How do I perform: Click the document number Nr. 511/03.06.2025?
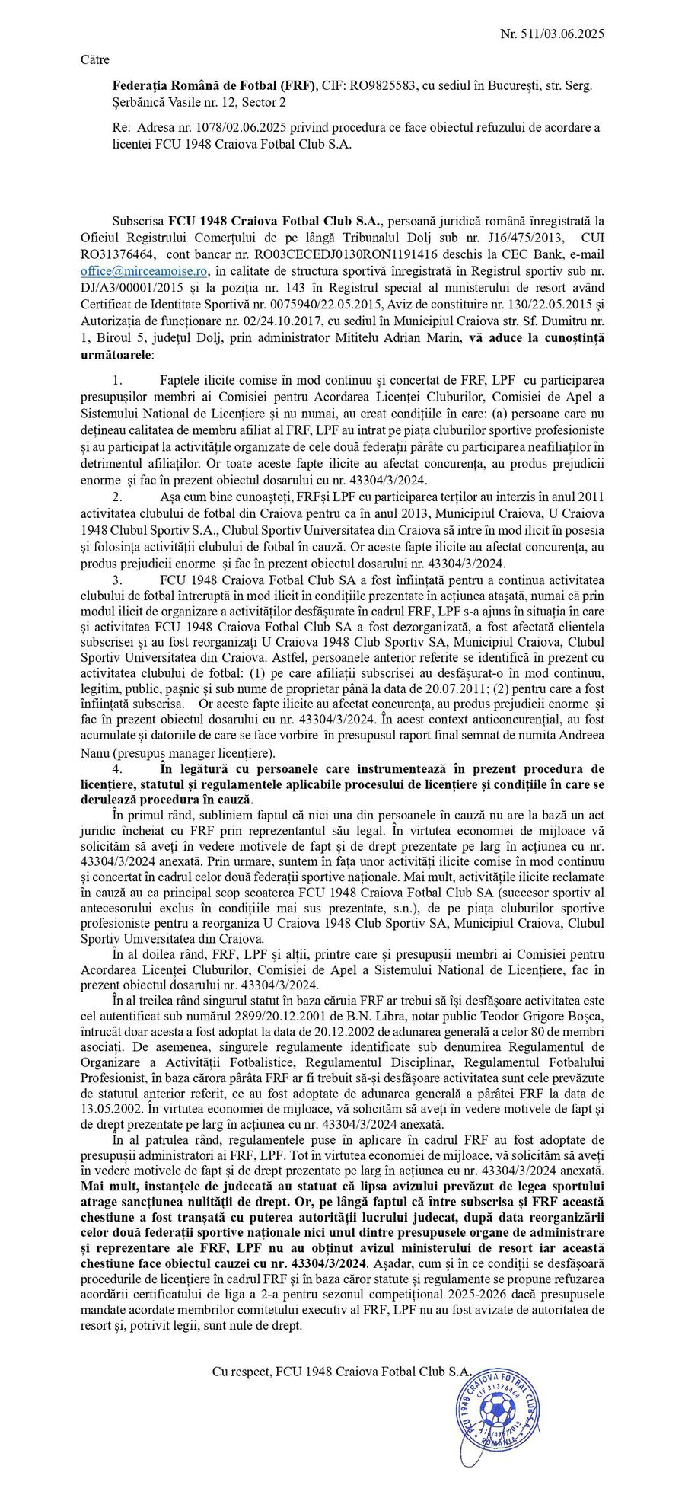[x=552, y=34]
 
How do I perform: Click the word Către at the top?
[x=95, y=60]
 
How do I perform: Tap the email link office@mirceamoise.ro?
[x=144, y=271]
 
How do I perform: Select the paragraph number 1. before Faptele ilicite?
[x=117, y=379]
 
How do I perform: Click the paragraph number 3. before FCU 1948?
[x=117, y=580]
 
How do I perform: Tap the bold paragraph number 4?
[x=117, y=768]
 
